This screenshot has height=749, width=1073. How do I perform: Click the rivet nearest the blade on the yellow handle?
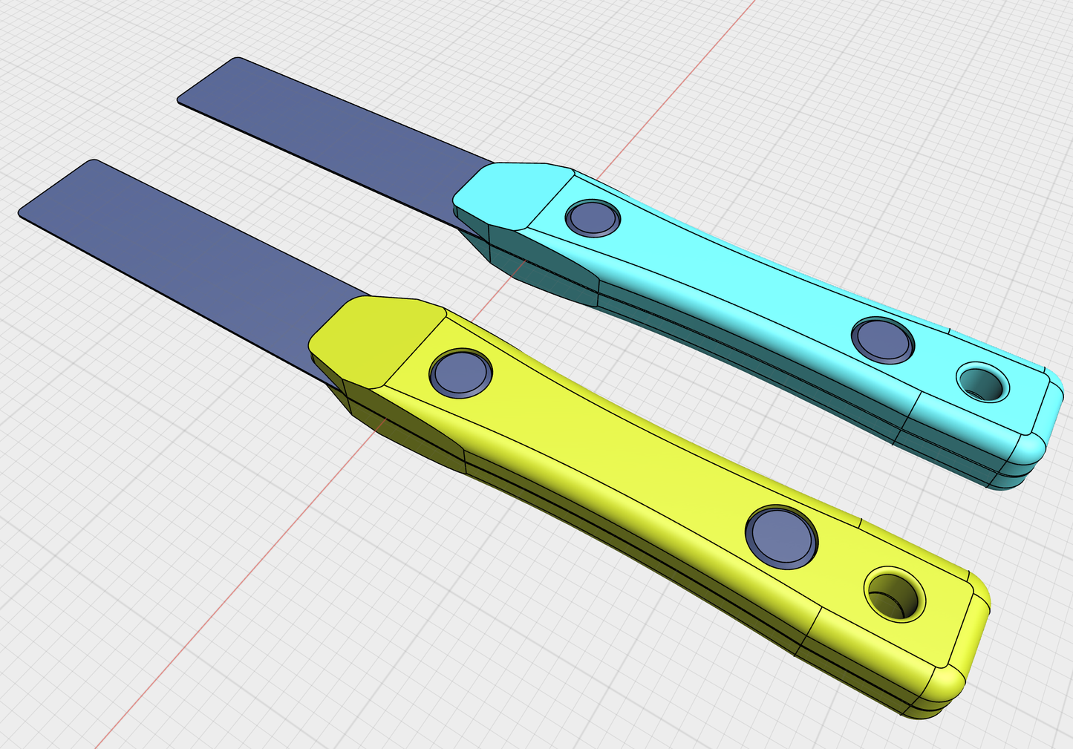coord(460,373)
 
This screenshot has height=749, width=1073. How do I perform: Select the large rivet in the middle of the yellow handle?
coord(780,537)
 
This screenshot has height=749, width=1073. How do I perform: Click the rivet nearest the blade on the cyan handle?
coord(592,218)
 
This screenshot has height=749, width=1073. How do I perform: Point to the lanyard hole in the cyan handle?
coord(982,382)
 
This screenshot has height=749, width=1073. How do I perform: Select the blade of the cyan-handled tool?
coord(334,126)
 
